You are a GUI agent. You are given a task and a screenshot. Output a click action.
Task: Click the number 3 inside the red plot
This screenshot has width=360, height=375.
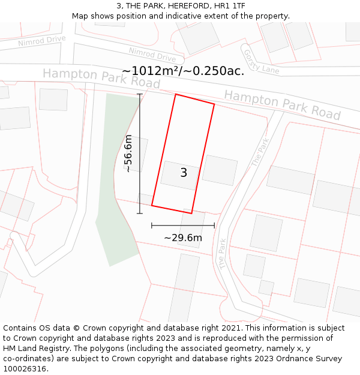[x=184, y=173]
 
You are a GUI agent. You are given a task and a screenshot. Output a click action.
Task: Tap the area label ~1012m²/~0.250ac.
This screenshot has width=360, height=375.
[x=183, y=71]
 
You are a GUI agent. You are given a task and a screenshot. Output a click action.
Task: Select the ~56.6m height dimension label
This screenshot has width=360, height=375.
[x=128, y=154]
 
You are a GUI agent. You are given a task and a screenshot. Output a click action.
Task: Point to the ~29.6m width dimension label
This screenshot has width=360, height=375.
[x=183, y=238]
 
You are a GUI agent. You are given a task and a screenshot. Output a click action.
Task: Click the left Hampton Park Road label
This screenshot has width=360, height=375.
[x=101, y=78]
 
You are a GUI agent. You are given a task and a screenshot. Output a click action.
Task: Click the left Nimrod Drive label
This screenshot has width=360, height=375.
[x=41, y=41]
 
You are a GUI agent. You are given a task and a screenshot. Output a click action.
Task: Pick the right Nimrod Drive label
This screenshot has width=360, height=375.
[x=152, y=55]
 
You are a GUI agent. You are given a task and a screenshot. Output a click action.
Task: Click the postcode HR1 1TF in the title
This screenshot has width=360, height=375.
[x=229, y=6]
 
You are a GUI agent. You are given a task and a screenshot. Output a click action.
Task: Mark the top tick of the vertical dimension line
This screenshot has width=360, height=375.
[x=140, y=94]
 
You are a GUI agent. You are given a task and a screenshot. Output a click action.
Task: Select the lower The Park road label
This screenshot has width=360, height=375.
[x=223, y=253]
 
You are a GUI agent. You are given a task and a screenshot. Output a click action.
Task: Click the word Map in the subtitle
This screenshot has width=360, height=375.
[x=80, y=16]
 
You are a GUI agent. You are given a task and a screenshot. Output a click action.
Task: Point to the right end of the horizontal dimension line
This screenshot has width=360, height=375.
[x=214, y=226]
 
